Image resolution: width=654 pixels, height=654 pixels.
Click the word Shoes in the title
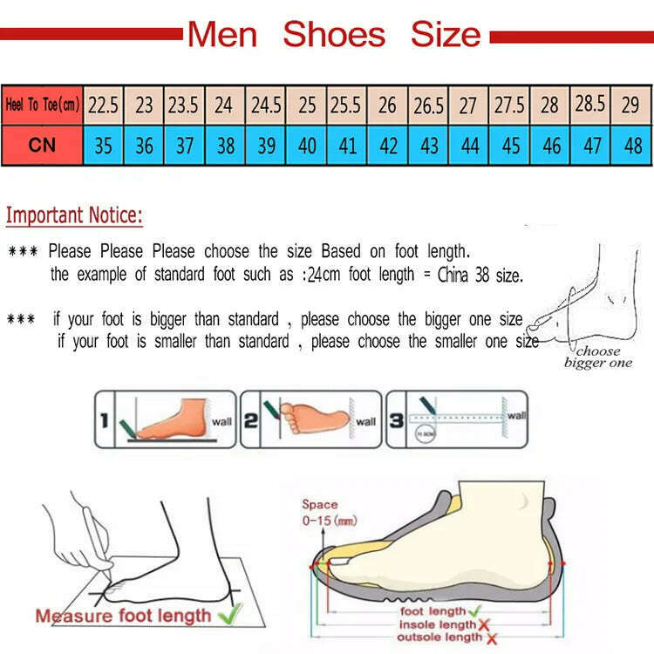pyautogui.click(x=334, y=35)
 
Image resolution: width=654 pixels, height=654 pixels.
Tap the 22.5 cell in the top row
pyautogui.click(x=103, y=106)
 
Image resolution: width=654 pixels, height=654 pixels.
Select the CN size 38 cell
pyautogui.click(x=225, y=145)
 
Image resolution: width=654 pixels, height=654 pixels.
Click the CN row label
pyautogui.click(x=42, y=145)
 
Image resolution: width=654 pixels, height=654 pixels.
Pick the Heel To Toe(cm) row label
pyautogui.click(x=42, y=106)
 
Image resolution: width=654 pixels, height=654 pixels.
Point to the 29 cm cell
pyautogui.click(x=630, y=106)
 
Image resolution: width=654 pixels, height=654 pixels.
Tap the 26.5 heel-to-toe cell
pyautogui.click(x=428, y=106)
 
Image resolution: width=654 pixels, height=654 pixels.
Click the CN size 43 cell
pyautogui.click(x=428, y=145)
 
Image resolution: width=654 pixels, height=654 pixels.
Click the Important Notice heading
pyautogui.click(x=74, y=215)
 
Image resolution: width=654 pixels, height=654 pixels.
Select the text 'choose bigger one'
pyautogui.click(x=598, y=357)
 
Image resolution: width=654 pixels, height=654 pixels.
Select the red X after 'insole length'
pyautogui.click(x=483, y=624)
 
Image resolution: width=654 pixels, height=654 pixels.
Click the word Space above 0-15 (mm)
pyautogui.click(x=319, y=504)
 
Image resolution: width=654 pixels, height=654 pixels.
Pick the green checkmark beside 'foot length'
pyautogui.click(x=473, y=611)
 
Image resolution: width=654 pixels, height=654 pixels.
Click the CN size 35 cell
pyautogui.click(x=103, y=145)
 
